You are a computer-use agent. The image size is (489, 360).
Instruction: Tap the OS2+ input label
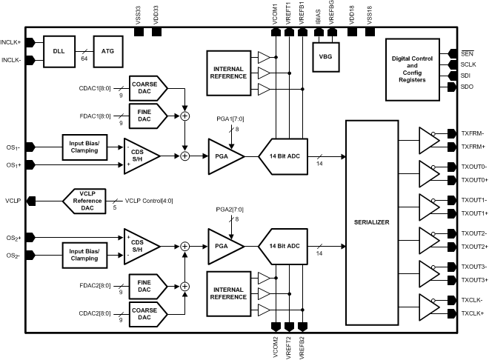pyautogui.click(x=13, y=238)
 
